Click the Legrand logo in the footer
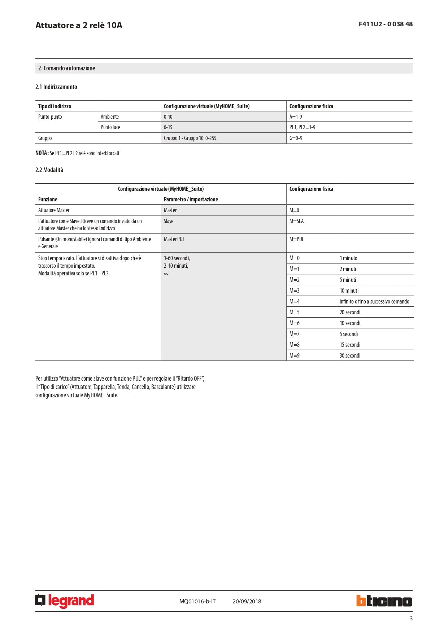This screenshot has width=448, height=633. click(x=65, y=601)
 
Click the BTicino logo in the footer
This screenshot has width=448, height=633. click(x=384, y=601)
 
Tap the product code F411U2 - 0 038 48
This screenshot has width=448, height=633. click(x=386, y=24)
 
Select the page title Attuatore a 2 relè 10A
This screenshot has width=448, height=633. click(x=79, y=25)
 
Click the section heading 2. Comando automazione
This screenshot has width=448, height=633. click(x=67, y=68)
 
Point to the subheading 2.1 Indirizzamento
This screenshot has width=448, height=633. click(x=56, y=87)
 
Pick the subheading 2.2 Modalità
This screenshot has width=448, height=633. click(x=49, y=170)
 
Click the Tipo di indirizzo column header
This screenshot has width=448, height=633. click(x=55, y=106)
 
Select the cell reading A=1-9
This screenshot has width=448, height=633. click(x=296, y=117)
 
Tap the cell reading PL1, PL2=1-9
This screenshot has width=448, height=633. click(x=302, y=127)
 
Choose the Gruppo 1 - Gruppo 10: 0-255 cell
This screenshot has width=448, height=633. click(x=190, y=138)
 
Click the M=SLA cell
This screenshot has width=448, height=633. click(x=296, y=221)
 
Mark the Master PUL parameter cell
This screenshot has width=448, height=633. click(x=174, y=239)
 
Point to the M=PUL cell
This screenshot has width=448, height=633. click(x=296, y=239)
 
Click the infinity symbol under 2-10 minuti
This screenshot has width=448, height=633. click(x=166, y=274)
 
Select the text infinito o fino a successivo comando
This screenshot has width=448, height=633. click(x=374, y=301)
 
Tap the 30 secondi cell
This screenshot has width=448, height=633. click(x=350, y=355)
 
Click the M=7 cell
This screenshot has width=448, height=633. click(x=294, y=334)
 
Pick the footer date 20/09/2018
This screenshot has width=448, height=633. click(x=247, y=601)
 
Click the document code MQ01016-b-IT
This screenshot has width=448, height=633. click(x=197, y=601)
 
